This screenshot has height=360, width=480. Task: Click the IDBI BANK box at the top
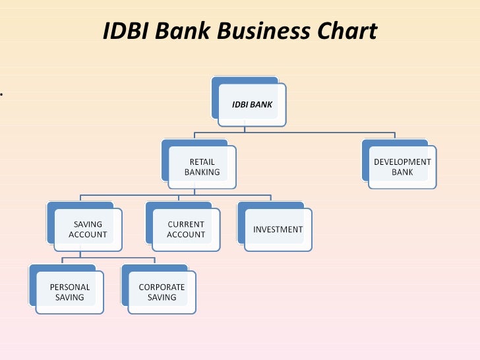252,104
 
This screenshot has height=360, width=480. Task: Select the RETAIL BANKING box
202,167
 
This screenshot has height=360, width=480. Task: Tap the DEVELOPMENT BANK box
402,167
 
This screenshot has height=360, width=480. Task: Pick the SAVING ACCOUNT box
88,229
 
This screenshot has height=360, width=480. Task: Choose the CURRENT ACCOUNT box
186,229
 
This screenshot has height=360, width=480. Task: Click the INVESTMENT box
278,229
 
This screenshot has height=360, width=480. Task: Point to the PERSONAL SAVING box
69,292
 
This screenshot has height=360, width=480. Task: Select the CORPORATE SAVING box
162,292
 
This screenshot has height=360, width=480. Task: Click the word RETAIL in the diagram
202,162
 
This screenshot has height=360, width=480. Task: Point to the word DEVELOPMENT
402,162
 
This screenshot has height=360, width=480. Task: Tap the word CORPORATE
162,287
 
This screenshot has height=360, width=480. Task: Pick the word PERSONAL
69,287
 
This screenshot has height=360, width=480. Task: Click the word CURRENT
186,224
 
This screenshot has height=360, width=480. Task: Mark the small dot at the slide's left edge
2,94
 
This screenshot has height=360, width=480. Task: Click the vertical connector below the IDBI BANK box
253,131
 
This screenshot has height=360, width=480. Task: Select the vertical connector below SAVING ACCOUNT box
80,255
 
